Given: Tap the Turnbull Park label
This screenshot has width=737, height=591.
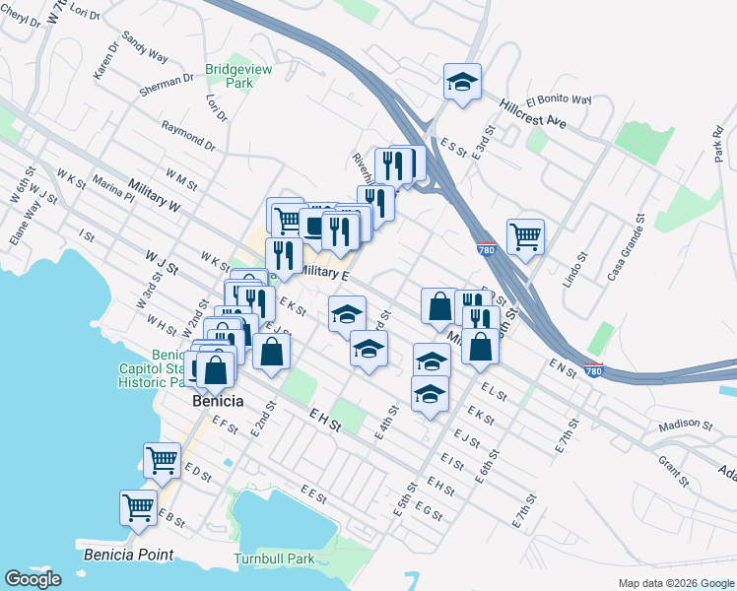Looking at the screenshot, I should pyautogui.click(x=273, y=558).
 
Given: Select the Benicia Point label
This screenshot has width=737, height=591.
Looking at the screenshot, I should pyautogui.click(x=128, y=554).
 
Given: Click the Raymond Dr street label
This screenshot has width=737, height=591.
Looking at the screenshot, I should pyautogui.click(x=187, y=135).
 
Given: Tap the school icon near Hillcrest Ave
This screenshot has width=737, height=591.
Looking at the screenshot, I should pyautogui.click(x=461, y=82).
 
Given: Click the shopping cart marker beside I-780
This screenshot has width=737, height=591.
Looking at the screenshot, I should pyautogui.click(x=526, y=235).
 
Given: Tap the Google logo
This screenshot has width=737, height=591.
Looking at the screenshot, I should pyautogui.click(x=33, y=579).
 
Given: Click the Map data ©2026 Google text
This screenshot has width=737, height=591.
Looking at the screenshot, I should pyautogui.click(x=676, y=583).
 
